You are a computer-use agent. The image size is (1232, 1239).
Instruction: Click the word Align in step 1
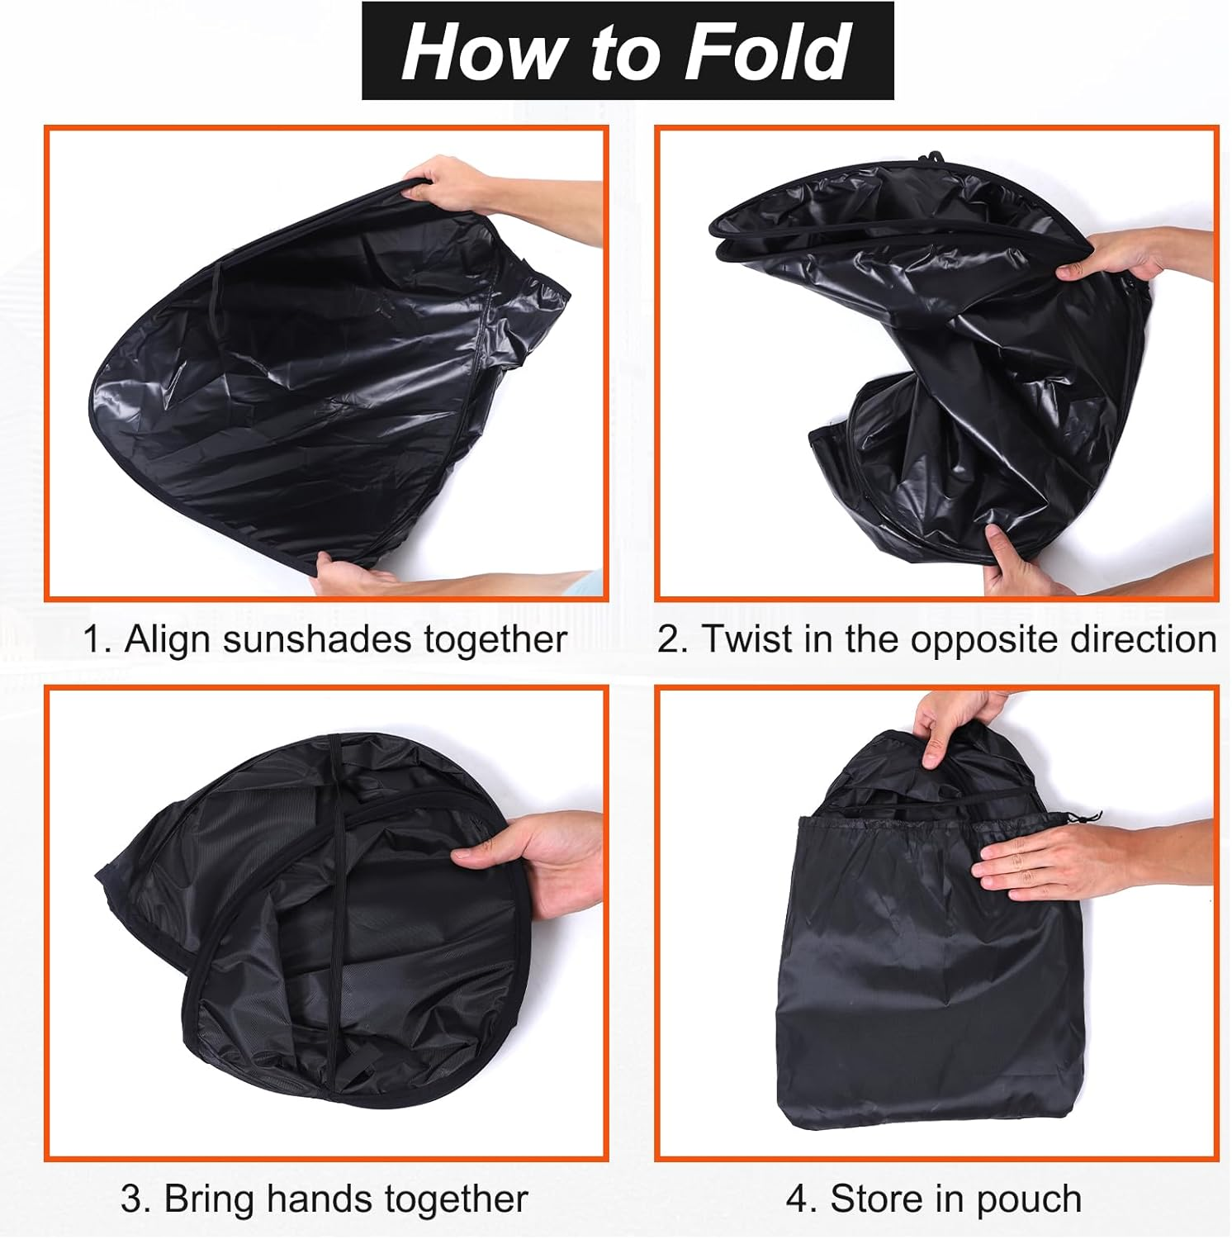(x=168, y=640)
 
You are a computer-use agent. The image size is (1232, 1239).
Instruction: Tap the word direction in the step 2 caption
(x=1143, y=639)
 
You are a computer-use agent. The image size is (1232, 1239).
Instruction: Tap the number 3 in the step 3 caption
(x=132, y=1199)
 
